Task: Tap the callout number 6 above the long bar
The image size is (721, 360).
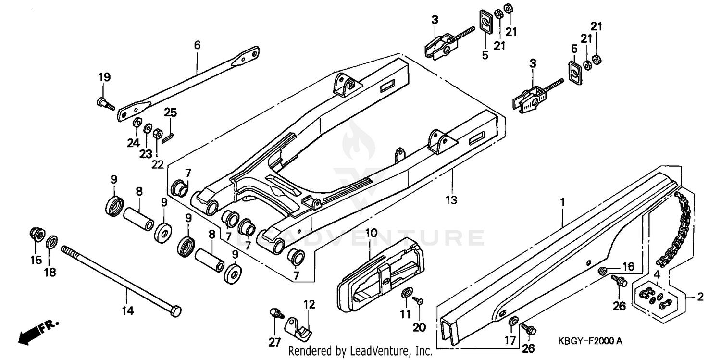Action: (197, 46)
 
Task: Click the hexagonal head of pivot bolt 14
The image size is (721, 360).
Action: (175, 311)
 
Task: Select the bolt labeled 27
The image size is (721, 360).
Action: (276, 314)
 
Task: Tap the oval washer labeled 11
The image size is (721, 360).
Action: (406, 293)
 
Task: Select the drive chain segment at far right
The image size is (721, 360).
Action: (677, 228)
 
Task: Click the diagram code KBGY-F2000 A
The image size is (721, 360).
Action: (590, 341)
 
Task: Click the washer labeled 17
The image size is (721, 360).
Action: (513, 321)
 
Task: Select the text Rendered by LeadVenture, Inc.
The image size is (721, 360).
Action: (360, 351)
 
